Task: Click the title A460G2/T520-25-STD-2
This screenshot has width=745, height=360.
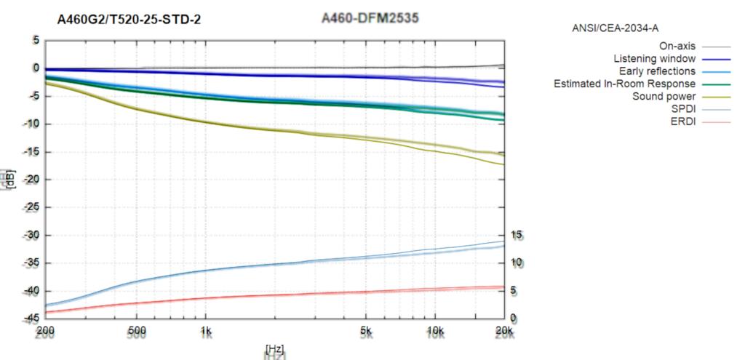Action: click(130, 20)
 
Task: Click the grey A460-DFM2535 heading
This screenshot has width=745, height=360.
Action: click(370, 18)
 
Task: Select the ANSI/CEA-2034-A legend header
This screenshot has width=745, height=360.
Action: click(615, 28)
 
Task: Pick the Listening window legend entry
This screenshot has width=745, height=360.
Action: click(655, 58)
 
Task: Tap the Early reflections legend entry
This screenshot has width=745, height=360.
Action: click(657, 71)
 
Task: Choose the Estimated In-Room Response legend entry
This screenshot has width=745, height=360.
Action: click(625, 84)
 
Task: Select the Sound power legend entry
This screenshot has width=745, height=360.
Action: click(664, 96)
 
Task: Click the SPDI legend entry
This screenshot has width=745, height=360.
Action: click(682, 108)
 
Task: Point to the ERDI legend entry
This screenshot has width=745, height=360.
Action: click(683, 121)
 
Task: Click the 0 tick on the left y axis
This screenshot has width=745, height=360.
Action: click(35, 68)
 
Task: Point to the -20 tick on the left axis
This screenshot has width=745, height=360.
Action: click(31, 180)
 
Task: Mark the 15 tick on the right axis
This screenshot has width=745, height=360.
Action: click(517, 236)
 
